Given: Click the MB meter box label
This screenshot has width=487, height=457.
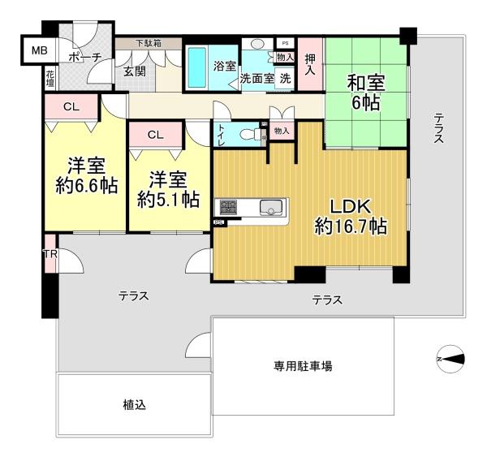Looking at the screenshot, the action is [40, 50].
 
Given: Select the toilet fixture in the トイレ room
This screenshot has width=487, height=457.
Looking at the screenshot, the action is [252, 134].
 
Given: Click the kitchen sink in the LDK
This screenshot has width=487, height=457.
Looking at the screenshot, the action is [271, 207].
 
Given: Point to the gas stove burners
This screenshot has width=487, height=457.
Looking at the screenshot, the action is [228, 207].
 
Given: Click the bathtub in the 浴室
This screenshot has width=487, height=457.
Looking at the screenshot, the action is [197, 67].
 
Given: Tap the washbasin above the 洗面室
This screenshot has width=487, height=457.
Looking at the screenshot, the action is [256, 44].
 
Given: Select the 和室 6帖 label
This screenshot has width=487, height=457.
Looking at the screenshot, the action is [366, 93].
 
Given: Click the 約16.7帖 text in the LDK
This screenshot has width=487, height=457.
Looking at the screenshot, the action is [351, 226].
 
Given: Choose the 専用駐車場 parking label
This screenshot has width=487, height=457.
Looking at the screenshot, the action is [303, 366].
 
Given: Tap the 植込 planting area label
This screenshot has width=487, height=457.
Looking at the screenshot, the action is [134, 405].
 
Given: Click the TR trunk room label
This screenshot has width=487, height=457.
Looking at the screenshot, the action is [50, 254].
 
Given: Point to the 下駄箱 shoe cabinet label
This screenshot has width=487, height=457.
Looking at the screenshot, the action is [149, 43].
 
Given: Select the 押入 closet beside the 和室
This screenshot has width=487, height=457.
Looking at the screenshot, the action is [310, 64].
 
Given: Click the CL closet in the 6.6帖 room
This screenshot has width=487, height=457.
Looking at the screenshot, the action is [71, 106].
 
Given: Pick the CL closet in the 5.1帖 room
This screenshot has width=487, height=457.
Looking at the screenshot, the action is [156, 135].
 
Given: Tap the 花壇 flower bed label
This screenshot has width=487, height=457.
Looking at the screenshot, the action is [50, 78].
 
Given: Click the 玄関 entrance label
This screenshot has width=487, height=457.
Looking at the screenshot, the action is [135, 71].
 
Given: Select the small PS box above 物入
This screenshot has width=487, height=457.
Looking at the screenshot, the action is [286, 44].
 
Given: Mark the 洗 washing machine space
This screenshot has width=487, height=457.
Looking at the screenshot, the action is [286, 79].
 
